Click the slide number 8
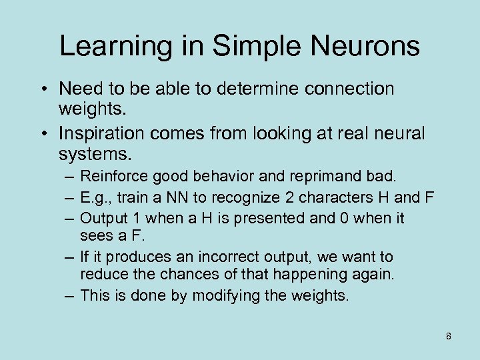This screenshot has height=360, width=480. (x=449, y=336)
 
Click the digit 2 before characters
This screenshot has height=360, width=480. (x=287, y=197)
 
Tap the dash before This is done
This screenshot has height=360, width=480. (x=69, y=295)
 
